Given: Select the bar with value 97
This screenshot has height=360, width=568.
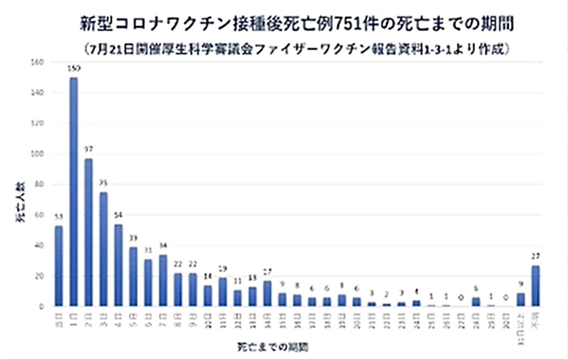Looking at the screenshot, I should [88, 233].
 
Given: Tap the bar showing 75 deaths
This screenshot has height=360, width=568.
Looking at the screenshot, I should [103, 249].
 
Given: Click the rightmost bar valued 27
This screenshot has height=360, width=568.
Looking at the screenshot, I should [536, 286].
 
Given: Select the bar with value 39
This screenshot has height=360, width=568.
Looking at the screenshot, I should [133, 277].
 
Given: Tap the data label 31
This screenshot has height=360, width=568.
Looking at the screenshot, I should [148, 250].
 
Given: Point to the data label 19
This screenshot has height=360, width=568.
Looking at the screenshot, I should [223, 268].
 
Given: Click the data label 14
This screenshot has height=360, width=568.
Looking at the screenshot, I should [207, 276].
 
